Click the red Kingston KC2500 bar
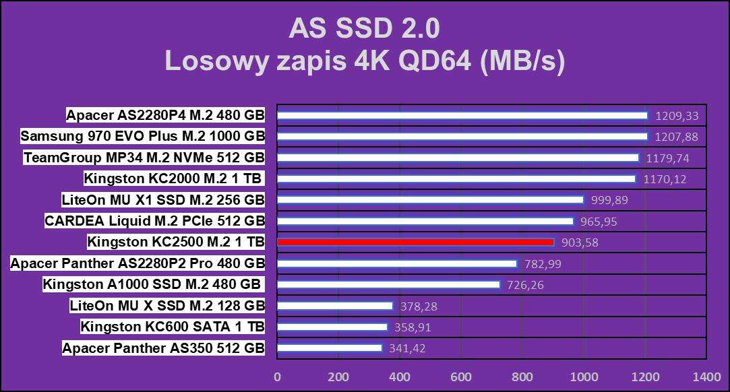click(415, 242)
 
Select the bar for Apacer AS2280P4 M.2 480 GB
click(462, 115)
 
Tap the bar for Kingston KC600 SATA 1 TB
click(332, 327)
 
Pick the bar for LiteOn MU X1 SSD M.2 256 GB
click(430, 200)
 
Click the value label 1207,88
click(676, 137)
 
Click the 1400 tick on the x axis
click(706, 377)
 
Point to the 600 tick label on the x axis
click(461, 377)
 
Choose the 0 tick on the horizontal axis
click(277, 377)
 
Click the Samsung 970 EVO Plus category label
click(142, 137)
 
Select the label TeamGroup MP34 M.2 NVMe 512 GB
click(144, 158)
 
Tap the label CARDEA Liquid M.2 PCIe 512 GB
click(154, 221)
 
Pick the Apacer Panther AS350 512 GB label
click(163, 348)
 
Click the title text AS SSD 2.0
click(364, 28)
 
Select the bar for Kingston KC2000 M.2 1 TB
click(456, 179)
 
